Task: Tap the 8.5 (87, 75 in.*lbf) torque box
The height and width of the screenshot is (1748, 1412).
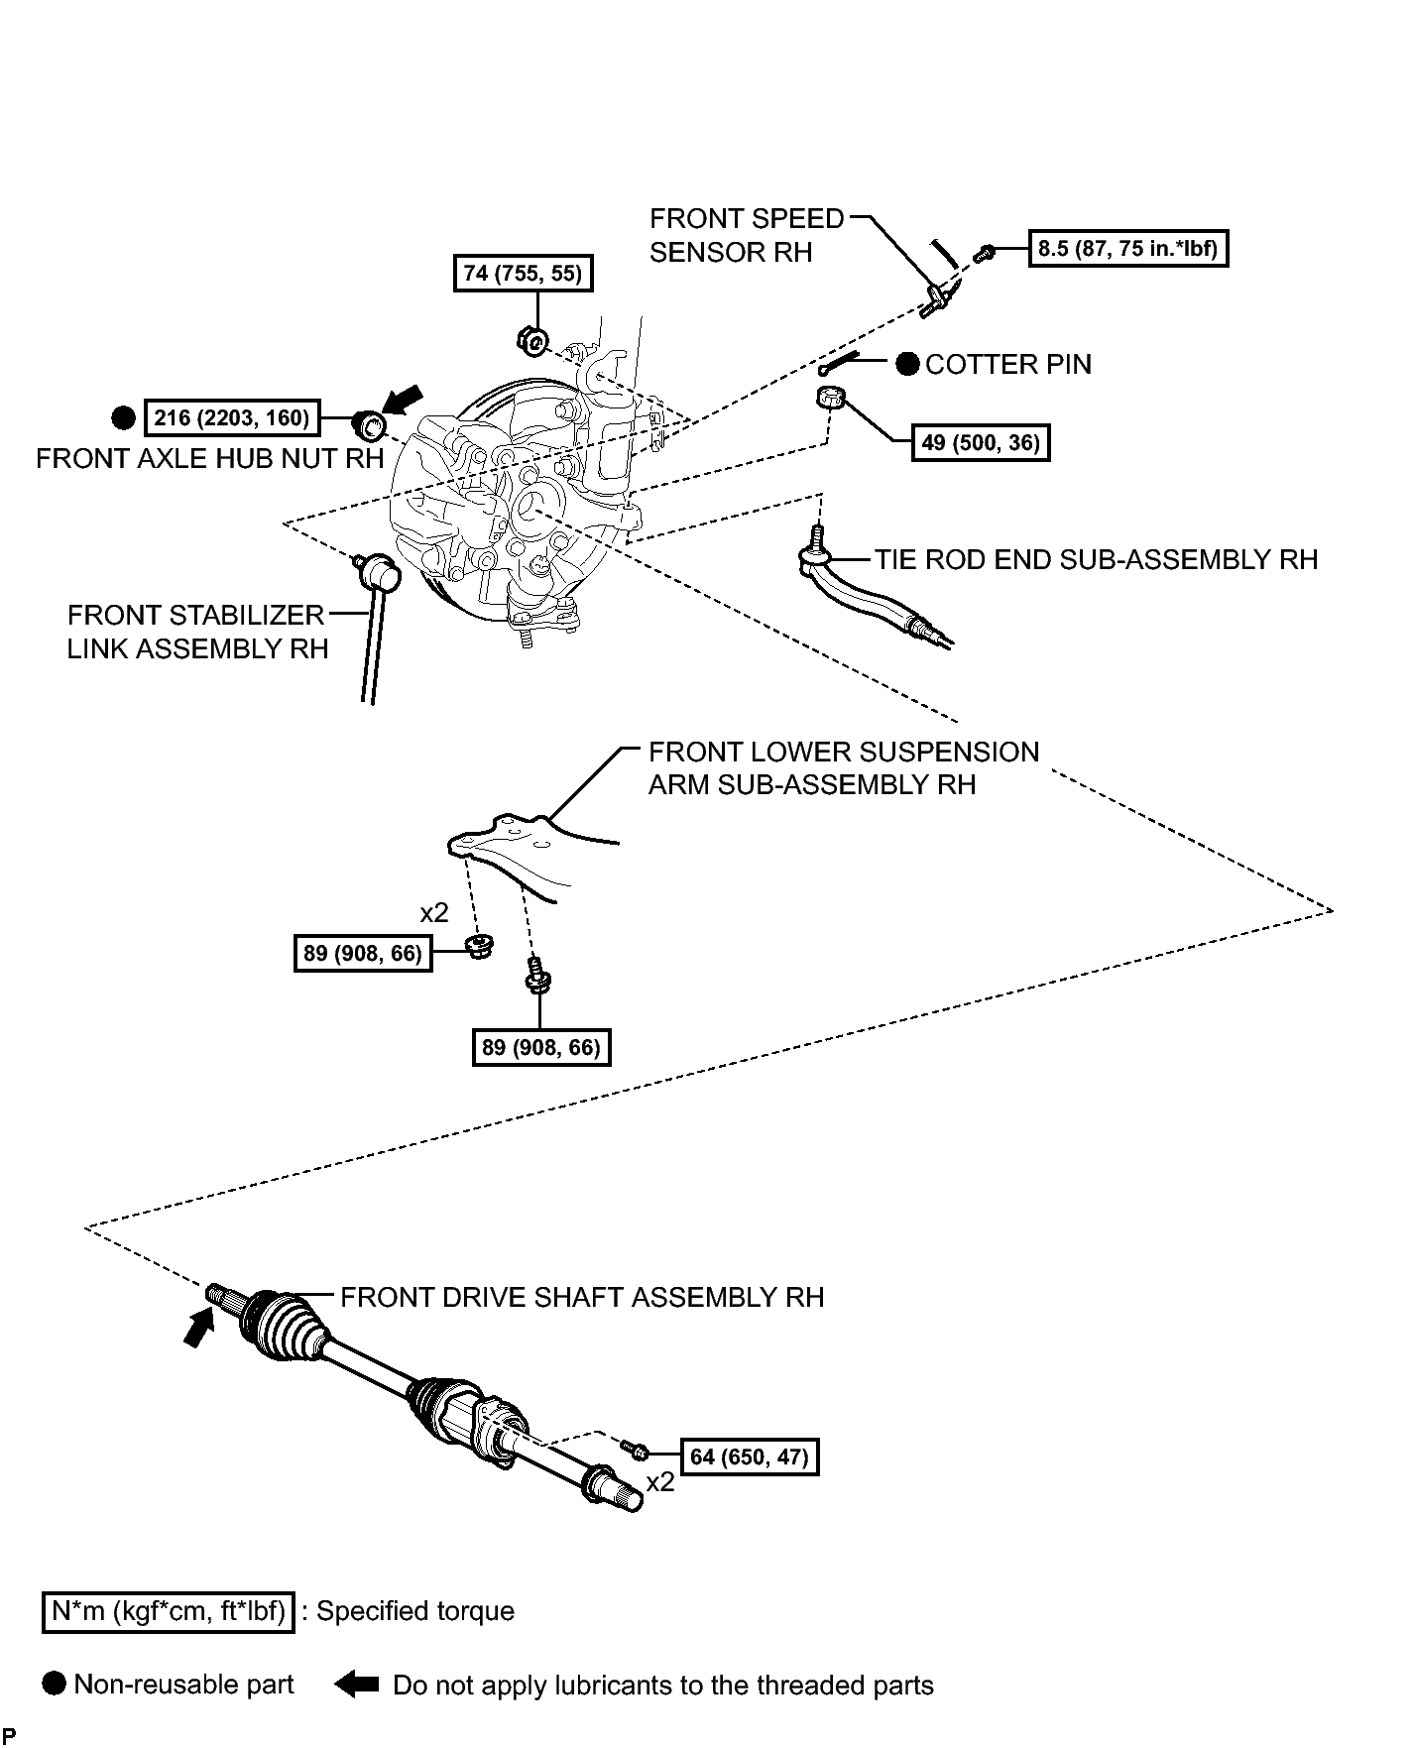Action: [x=1127, y=248]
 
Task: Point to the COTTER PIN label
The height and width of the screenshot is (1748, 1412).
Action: [x=1007, y=365]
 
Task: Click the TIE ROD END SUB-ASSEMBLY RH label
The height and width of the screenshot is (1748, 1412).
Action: [x=1096, y=559]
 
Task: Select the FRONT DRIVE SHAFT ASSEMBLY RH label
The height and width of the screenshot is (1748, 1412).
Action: [x=582, y=1297]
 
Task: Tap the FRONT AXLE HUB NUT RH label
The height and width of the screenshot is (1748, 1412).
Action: [x=209, y=458]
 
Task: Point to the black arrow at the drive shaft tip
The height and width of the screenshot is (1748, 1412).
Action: [x=199, y=1327]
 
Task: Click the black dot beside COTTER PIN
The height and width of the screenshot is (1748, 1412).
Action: [x=907, y=365]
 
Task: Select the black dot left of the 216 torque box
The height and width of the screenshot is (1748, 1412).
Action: [x=123, y=418]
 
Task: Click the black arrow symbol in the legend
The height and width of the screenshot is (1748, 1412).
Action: [x=357, y=1684]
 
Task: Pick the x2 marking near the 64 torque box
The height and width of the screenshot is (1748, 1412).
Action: [x=660, y=1482]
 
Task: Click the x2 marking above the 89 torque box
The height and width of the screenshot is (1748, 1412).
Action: [x=434, y=911]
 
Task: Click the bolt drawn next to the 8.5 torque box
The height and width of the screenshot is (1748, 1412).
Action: [x=984, y=255]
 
